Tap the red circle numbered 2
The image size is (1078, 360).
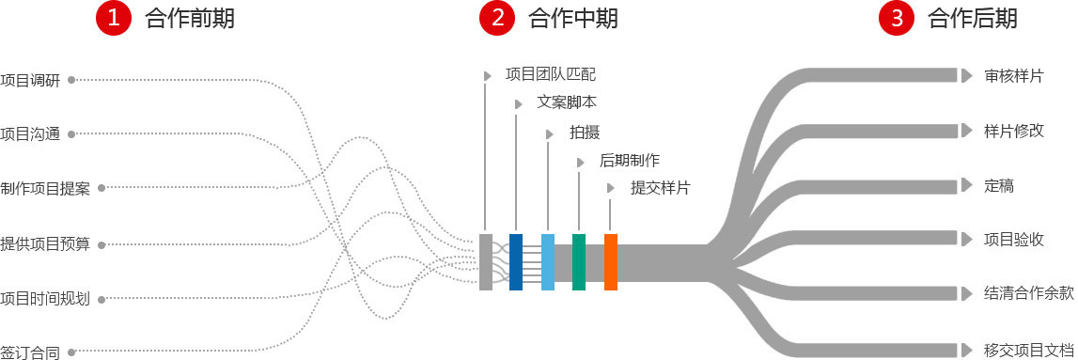point(497,17)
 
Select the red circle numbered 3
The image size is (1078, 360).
point(897,17)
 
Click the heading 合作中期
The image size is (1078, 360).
point(573,18)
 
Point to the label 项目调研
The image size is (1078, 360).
point(30,81)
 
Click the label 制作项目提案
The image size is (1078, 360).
point(45,189)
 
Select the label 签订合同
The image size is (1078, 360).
point(30,353)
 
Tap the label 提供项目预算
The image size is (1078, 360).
point(45,244)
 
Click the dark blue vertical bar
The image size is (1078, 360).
point(516,261)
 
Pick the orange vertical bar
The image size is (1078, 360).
point(611,261)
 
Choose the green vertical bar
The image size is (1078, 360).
point(579,261)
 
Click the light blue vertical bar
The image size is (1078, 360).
point(548,261)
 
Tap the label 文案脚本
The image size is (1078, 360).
point(566,102)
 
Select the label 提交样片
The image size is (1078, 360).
point(660,188)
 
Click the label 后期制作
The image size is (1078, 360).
point(629,161)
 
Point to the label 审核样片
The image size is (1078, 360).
point(1013,76)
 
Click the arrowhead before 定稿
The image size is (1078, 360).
point(966,186)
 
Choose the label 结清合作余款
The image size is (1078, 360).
point(1028,292)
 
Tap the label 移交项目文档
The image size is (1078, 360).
point(1028,350)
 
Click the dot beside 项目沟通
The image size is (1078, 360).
point(71,134)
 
